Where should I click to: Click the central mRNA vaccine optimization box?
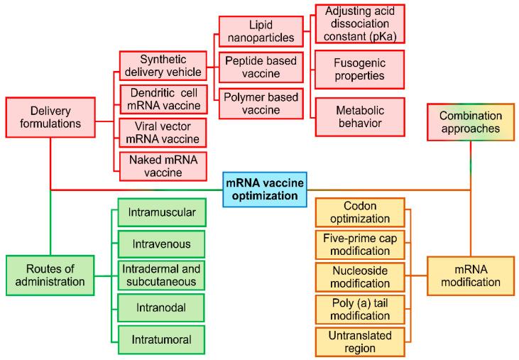point(265,190)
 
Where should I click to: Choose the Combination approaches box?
point(470,122)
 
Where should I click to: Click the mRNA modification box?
point(470,275)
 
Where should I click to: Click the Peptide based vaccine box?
point(260,67)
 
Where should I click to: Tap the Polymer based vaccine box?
point(260,103)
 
